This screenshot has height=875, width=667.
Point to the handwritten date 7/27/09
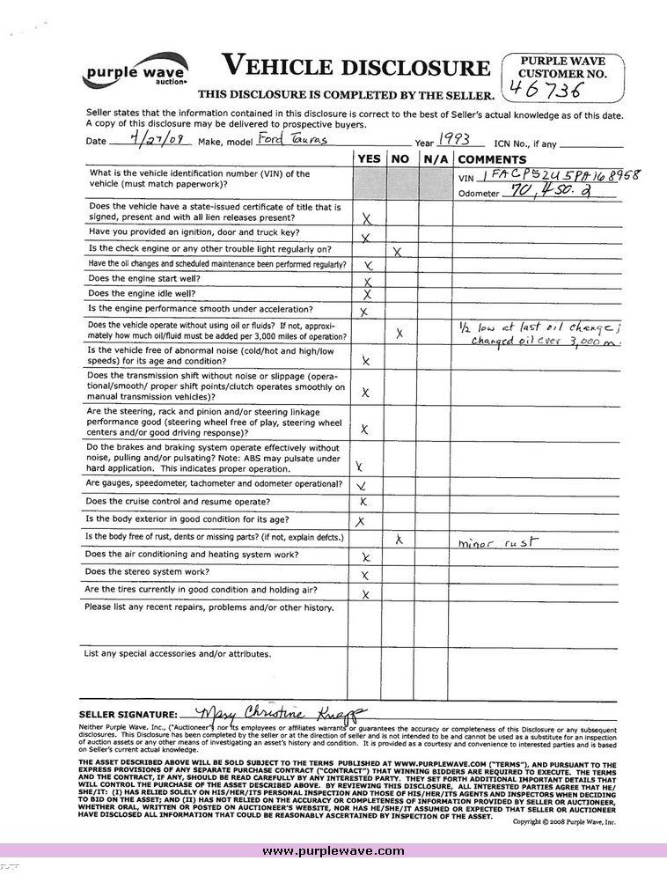click(146, 139)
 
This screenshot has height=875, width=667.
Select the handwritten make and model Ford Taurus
click(274, 140)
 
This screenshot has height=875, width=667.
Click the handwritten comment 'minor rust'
click(498, 543)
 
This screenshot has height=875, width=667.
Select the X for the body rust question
click(399, 540)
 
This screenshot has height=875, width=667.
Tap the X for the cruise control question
click(363, 502)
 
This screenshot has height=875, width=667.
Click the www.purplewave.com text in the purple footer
click(333, 850)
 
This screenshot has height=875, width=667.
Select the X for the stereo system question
click(364, 575)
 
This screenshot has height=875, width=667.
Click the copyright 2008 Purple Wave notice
click(564, 821)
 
